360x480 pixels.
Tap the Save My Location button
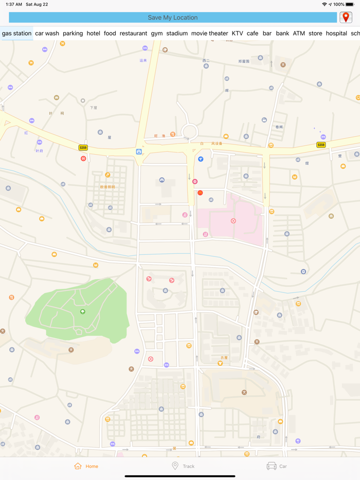pos(173,17)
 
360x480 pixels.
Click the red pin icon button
pos(346,17)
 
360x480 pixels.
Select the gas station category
pos(17,33)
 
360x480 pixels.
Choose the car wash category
pos(47,33)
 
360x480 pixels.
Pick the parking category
pos(73,33)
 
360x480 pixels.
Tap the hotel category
pos(93,33)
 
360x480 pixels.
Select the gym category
pos(157,33)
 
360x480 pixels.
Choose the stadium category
pos(177,33)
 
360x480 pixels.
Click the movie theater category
pos(209,33)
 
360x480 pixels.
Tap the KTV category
pos(237,33)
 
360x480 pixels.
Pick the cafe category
pos(253,33)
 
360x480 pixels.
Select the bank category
pos(282,33)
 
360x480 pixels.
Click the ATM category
pos(299,33)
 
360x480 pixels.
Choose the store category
pos(315,33)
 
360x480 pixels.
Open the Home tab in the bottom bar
pos(86,466)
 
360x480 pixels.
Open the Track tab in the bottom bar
pos(183,466)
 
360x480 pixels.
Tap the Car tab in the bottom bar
pos(277,466)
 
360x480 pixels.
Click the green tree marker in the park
pos(82,311)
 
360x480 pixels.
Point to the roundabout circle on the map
pos(189,131)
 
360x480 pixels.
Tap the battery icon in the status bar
pos(350,4)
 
